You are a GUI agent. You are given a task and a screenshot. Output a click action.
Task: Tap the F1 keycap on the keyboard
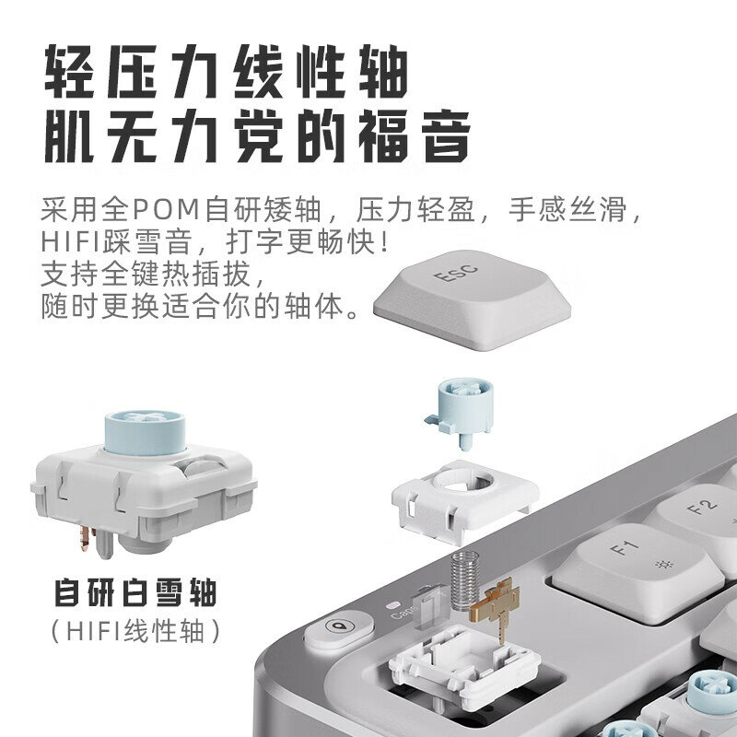pos(637,571)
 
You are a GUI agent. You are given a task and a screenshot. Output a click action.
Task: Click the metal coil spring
pos(465,580)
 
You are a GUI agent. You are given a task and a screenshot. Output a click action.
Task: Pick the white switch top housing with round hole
pos(464,499)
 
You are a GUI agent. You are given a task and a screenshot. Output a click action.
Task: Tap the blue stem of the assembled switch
pos(145,432)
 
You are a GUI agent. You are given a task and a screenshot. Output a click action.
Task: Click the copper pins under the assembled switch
pos(87,539)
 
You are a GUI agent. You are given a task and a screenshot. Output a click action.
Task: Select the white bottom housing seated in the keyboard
pos(463,667)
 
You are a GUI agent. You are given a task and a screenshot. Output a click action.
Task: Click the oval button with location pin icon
pos(338,628)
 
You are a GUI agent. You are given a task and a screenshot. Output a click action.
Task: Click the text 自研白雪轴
pos(135,593)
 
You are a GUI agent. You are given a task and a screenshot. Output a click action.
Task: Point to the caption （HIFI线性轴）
pos(135,631)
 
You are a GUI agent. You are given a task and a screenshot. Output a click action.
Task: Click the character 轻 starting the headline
pos(71,71)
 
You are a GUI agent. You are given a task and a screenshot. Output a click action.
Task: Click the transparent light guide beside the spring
pos(428,606)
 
